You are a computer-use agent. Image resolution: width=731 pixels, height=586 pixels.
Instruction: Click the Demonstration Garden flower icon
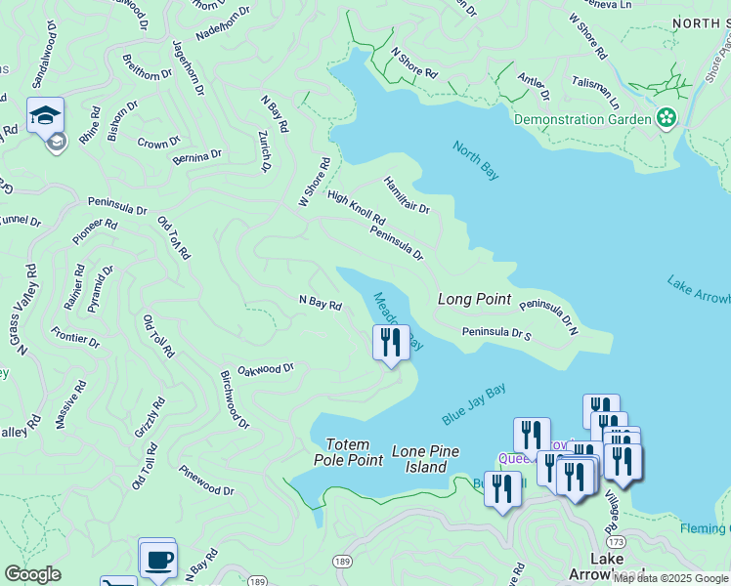pos(666,119)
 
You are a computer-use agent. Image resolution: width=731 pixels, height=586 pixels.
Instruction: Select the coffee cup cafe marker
pos(157,561)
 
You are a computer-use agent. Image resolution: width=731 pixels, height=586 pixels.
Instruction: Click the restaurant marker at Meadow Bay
pos(391,342)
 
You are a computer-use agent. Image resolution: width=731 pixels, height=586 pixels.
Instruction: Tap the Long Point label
pos(475,299)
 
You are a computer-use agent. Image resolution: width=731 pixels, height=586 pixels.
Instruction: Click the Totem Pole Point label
pos(348,451)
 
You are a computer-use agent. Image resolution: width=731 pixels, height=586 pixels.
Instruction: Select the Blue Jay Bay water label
pos(474,403)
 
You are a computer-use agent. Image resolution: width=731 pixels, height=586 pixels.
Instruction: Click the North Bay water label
pos(476,160)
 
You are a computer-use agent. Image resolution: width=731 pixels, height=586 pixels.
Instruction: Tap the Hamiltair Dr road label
pos(407,195)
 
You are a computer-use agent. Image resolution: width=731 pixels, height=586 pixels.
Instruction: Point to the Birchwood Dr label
pos(235,398)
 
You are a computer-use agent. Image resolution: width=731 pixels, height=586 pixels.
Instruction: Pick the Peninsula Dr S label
pos(496,333)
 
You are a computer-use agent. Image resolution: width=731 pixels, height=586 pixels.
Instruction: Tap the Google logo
pos(32,574)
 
